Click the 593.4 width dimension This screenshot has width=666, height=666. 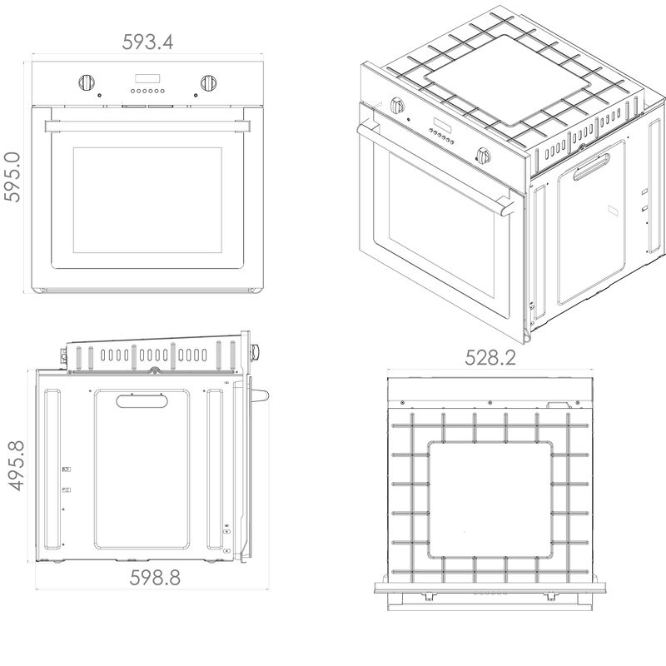(148, 42)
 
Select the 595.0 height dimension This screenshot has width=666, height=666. (12, 176)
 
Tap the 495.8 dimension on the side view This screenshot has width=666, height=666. (17, 465)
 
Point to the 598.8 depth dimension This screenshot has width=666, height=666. (155, 578)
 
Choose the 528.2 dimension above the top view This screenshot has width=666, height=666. (490, 358)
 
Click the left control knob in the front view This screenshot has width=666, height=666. (87, 82)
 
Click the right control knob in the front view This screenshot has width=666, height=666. (209, 82)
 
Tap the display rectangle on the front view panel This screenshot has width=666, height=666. (147, 78)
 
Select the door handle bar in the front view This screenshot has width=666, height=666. (147, 127)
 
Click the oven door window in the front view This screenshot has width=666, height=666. (147, 200)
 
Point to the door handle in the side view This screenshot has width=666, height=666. (260, 395)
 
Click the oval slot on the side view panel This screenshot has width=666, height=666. (142, 401)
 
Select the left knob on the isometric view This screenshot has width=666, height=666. (397, 106)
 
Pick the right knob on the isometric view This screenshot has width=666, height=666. (484, 156)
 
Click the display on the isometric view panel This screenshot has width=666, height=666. (442, 124)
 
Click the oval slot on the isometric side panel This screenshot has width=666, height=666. (591, 166)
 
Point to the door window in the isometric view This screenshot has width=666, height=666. (442, 226)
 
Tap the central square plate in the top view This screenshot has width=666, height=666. (490, 499)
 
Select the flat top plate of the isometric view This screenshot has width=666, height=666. (507, 81)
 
